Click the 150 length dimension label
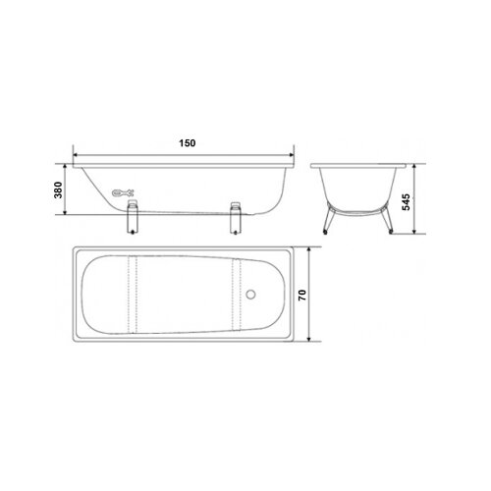[188, 143]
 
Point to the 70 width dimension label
[331, 294]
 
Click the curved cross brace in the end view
[357, 208]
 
